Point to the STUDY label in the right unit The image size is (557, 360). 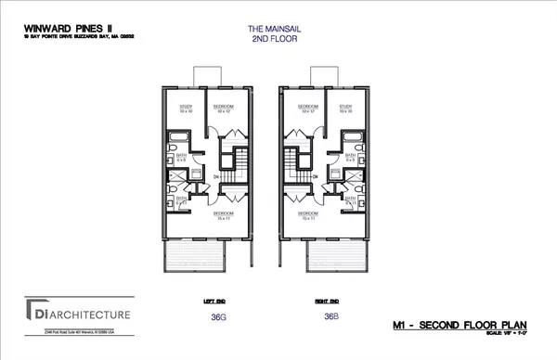pos(345,108)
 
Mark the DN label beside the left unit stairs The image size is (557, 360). pos(216,176)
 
